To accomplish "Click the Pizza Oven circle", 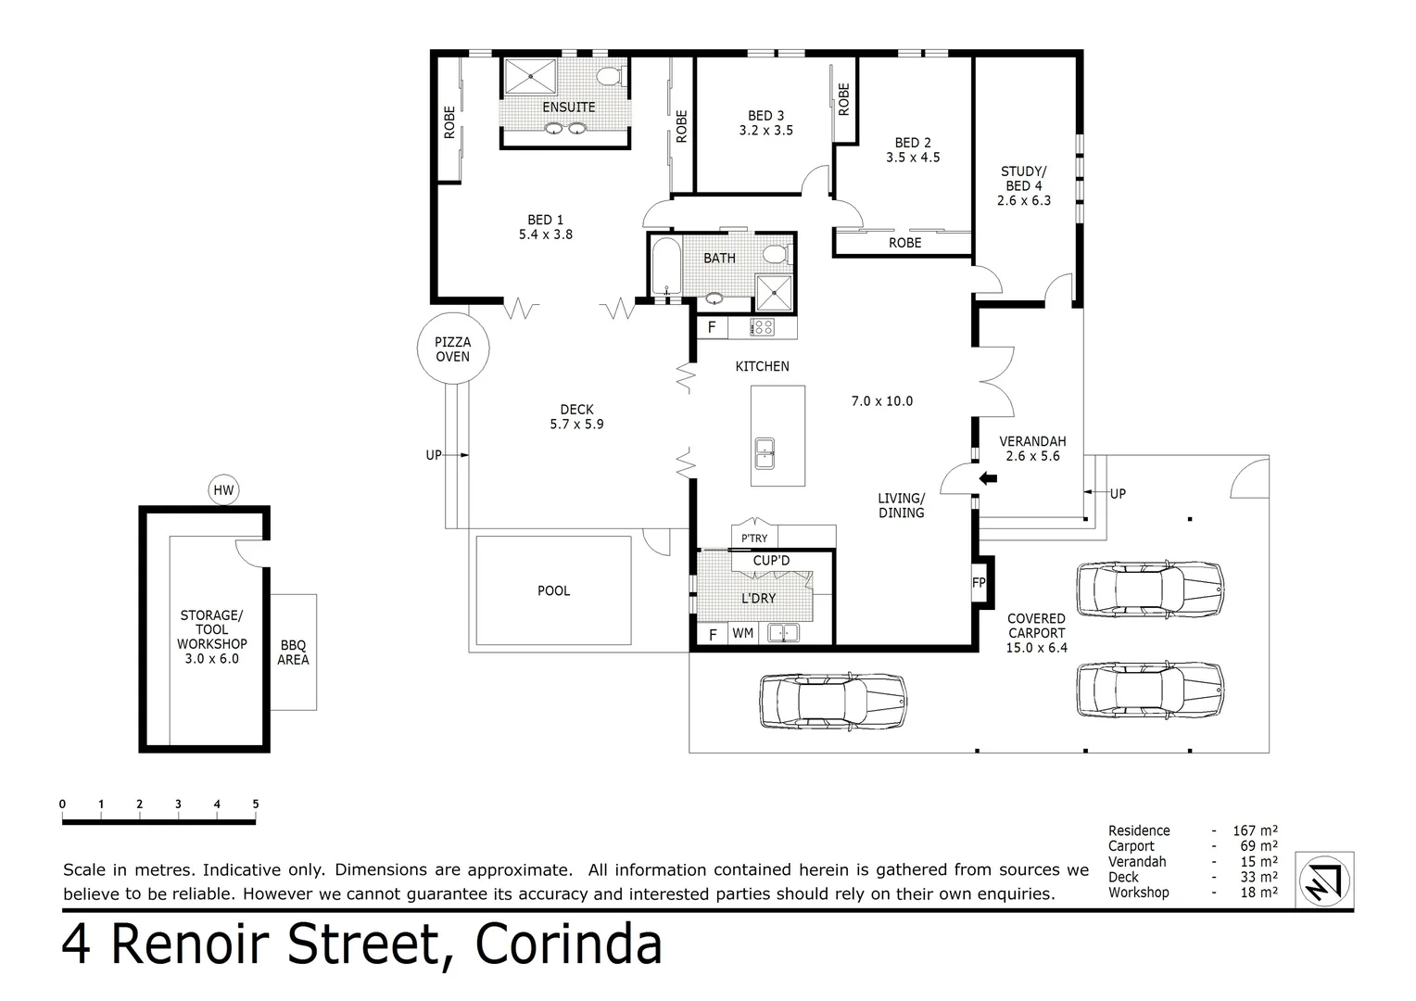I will pyautogui.click(x=453, y=349).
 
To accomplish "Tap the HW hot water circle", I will pyautogui.click(x=223, y=490).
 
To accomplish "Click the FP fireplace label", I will pyautogui.click(x=979, y=583).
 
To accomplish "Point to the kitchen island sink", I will pyautogui.click(x=765, y=454).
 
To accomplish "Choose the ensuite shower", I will pyautogui.click(x=530, y=76).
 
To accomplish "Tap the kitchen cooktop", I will pyautogui.click(x=763, y=326).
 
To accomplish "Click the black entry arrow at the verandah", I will pyautogui.click(x=989, y=478).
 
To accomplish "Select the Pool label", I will pyautogui.click(x=554, y=590).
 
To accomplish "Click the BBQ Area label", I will pyautogui.click(x=293, y=653).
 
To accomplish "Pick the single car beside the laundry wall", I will pyautogui.click(x=832, y=701).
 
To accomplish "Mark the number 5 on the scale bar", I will pyautogui.click(x=255, y=805).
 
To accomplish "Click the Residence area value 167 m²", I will pyautogui.click(x=1255, y=830).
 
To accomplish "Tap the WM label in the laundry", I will pyautogui.click(x=742, y=634).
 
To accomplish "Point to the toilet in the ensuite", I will pyautogui.click(x=609, y=76).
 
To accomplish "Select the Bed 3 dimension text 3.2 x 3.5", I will pyautogui.click(x=765, y=131).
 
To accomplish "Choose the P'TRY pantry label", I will pyautogui.click(x=754, y=538).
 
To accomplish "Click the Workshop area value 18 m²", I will pyautogui.click(x=1258, y=893).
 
